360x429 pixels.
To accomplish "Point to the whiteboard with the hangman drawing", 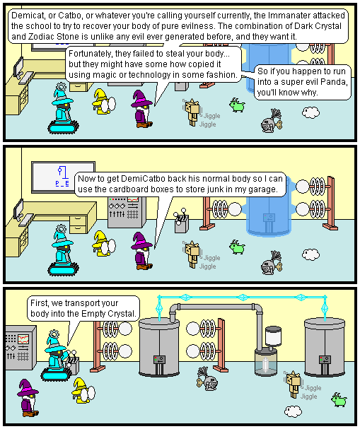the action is [63, 177].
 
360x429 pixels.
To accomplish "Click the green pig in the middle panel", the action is [237, 247].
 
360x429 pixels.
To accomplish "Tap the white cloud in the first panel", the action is [310, 112].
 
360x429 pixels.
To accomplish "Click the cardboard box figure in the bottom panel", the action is [293, 384].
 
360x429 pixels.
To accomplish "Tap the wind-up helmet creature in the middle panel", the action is [271, 263].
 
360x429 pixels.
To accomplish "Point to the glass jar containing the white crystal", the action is [265, 362].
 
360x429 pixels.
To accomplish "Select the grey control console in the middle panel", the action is [127, 212].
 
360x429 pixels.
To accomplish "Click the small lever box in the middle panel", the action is [181, 221].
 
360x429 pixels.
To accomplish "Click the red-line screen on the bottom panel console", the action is [23, 339].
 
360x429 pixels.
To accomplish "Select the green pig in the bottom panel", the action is [339, 400].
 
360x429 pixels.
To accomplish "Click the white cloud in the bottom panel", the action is [293, 411].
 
